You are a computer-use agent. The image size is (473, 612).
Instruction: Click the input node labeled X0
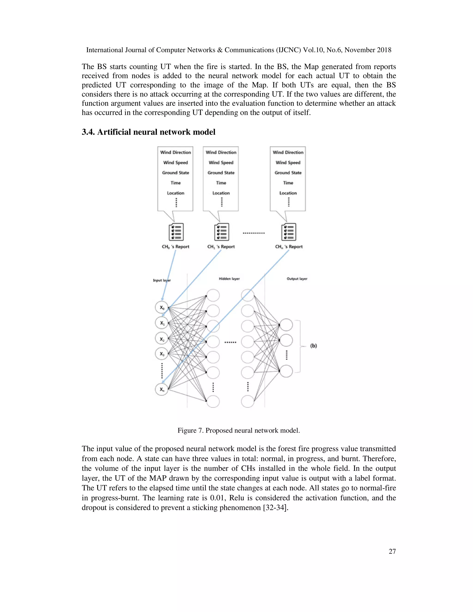[161, 307]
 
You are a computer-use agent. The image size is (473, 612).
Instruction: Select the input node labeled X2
[161, 339]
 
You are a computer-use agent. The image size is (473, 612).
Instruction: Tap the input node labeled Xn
[161, 389]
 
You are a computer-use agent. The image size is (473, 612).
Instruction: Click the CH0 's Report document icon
[176, 232]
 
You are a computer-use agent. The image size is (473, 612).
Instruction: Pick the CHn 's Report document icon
[289, 232]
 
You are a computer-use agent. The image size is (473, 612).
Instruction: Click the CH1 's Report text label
[221, 247]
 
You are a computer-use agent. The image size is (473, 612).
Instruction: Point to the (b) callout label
[313, 346]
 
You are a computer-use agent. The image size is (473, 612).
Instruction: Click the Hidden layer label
[229, 279]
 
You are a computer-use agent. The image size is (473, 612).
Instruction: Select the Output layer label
[297, 279]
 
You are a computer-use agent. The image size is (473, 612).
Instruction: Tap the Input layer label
[162, 280]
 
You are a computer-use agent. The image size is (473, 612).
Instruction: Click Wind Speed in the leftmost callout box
[176, 163]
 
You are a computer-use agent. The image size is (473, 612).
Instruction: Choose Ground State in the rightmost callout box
[288, 173]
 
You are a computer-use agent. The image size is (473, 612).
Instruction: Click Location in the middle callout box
[221, 193]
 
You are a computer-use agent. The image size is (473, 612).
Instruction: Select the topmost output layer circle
[286, 325]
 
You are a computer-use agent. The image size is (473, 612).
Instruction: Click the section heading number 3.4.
[88, 132]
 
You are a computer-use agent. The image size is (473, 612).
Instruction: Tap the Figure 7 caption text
[238, 430]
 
